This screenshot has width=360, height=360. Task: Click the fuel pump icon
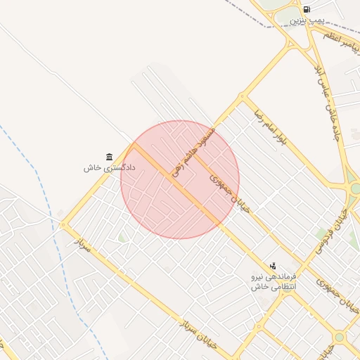coord(307,9)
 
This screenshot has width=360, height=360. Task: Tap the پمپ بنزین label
coord(307,21)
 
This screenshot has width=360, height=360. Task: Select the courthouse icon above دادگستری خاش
coord(109,156)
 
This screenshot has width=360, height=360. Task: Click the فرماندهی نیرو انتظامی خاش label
coord(274,282)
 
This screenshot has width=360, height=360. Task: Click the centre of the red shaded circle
coord(180,179)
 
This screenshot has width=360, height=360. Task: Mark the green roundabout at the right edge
coord(354,188)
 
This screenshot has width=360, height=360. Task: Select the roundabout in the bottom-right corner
coord(340,337)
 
